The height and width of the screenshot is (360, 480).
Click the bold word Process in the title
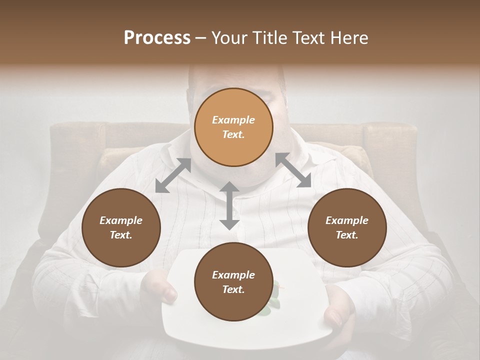coord(157,38)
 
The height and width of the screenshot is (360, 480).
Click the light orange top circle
coord(233,127)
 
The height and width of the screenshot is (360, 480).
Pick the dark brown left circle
coord(121,227)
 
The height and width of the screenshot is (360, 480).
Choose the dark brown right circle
coord(347,227)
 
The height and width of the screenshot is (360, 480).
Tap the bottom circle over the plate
coord(233,282)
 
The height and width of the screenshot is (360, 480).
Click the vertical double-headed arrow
coord(229,205)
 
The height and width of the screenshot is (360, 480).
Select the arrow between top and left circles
coord(173,175)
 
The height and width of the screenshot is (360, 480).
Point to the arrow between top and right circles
coord(293,170)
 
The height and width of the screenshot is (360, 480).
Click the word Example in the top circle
coord(233,120)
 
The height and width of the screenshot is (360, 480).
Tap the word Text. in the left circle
coord(121,235)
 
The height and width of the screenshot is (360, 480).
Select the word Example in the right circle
coord(347,220)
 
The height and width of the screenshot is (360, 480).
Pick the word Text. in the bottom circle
coord(233,289)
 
